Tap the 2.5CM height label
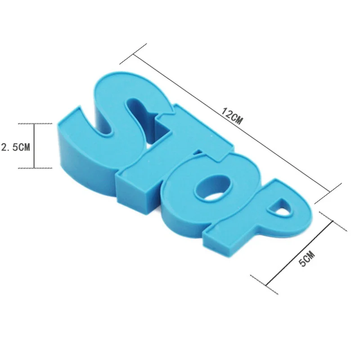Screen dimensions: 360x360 (x=15, y=147)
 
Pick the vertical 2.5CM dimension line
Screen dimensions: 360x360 (x=35, y=146)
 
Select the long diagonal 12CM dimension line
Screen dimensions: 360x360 (x=231, y=123)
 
